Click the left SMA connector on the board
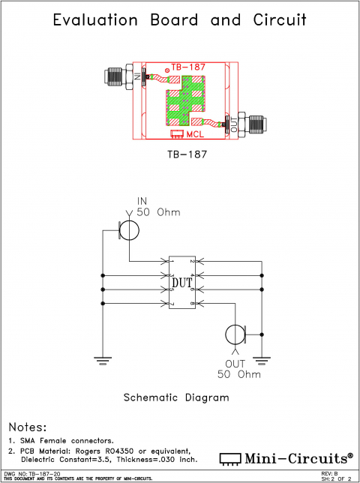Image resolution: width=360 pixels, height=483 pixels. (118, 76)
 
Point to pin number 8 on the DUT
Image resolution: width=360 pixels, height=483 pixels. (192, 304)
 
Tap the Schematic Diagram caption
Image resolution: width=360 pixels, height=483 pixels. (176, 397)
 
